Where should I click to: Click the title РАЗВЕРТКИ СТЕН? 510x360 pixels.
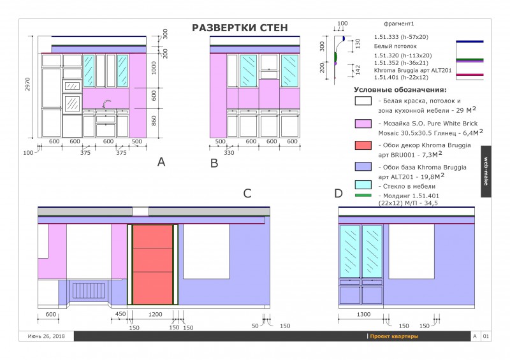tap(240, 28)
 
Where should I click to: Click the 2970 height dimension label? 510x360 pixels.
tap(27, 84)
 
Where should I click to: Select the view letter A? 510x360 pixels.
tap(161, 162)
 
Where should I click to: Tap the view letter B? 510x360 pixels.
tap(214, 163)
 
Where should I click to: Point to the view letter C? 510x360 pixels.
tap(247, 194)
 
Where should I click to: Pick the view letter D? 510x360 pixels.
tap(339, 194)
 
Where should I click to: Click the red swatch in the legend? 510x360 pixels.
tap(363, 145)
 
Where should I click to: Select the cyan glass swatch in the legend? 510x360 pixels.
tap(363, 185)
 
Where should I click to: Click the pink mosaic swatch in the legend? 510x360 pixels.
tap(363, 123)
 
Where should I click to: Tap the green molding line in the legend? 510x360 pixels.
tap(363, 196)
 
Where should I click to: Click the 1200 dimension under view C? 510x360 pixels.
tap(155, 314)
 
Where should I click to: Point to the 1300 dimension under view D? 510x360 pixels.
tap(363, 314)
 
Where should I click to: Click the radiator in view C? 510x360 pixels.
tap(89, 291)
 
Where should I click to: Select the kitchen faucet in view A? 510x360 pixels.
tap(106, 104)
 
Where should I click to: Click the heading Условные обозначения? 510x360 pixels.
tap(400, 90)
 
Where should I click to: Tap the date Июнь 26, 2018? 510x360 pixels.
tap(46, 336)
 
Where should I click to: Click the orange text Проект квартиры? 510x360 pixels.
tap(394, 336)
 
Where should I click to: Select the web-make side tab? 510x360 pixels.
tap(486, 171)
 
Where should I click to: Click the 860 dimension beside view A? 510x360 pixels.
tap(154, 120)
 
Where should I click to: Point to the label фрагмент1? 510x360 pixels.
tap(399, 24)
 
